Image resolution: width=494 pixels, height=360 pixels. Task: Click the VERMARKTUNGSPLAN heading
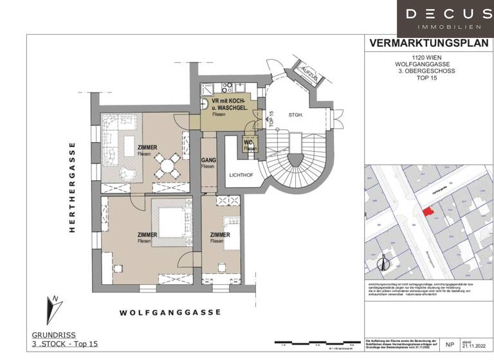click(426, 44)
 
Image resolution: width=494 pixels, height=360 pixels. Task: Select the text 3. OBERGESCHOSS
click(427, 71)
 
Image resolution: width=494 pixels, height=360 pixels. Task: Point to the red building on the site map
click(426, 212)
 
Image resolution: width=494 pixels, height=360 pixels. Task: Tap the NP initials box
click(449, 345)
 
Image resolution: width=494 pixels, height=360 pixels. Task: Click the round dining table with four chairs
click(167, 165)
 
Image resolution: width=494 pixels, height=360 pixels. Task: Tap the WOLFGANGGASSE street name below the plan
click(170, 312)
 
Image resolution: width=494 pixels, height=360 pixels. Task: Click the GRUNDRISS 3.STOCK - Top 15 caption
click(64, 340)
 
